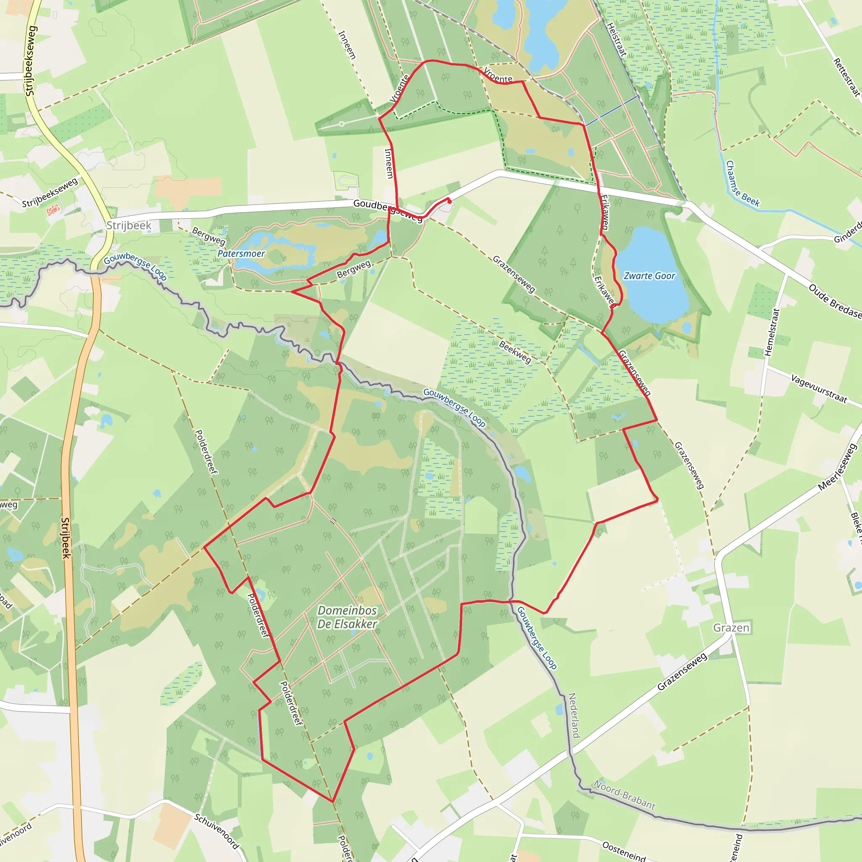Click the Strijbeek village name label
click(x=129, y=225)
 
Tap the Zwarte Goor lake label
click(x=649, y=276)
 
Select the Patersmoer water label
click(x=241, y=253)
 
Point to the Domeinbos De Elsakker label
click(x=347, y=617)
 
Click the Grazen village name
click(x=731, y=628)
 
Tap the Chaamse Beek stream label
click(x=742, y=184)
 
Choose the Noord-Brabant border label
click(x=624, y=795)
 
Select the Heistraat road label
click(x=617, y=40)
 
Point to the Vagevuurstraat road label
click(x=819, y=388)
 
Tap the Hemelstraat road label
click(x=772, y=332)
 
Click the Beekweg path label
click(x=515, y=352)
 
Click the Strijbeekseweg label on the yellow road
click(x=30, y=61)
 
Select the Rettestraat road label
click(x=846, y=77)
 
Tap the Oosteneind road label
click(x=624, y=850)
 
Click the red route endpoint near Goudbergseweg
click(x=449, y=201)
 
